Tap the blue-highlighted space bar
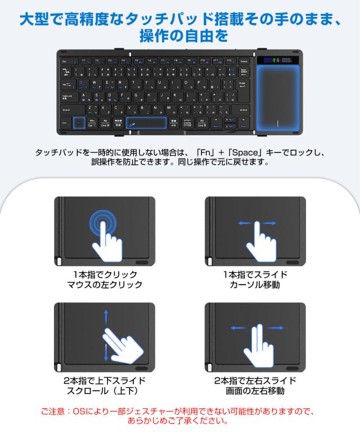(145, 122)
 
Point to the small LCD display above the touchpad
(280, 60)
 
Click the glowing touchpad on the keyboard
(280, 99)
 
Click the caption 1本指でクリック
(105, 274)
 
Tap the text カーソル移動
(255, 285)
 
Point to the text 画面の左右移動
(255, 391)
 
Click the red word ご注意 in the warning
(54, 411)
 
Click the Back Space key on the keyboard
(244, 71)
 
